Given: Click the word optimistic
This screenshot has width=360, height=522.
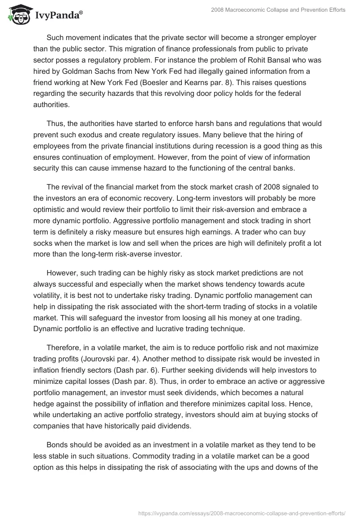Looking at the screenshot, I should click(x=53, y=210).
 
